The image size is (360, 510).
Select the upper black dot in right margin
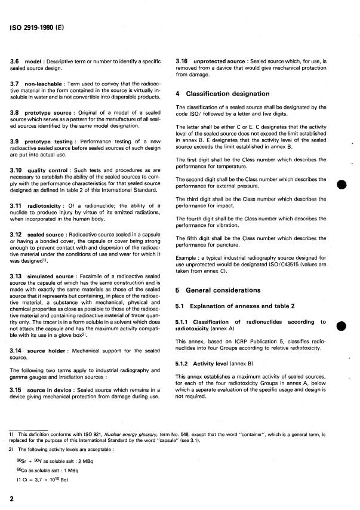[x=341, y=183]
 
